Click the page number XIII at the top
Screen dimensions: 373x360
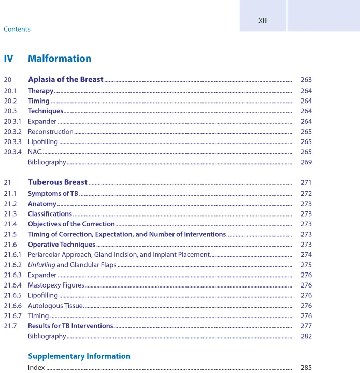pyautogui.click(x=263, y=21)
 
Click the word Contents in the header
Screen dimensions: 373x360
pyautogui.click(x=17, y=30)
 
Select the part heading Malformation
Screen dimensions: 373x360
pyautogui.click(x=60, y=59)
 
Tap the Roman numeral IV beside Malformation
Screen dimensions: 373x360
pyautogui.click(x=8, y=59)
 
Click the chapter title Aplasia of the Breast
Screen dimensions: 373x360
pyautogui.click(x=66, y=80)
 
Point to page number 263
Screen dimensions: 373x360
pyautogui.click(x=306, y=80)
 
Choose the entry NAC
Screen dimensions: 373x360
pyautogui.click(x=34, y=152)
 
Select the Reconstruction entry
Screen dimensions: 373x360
pyautogui.click(x=51, y=132)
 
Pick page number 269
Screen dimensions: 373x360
pyautogui.click(x=306, y=162)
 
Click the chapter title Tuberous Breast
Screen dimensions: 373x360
pyautogui.click(x=57, y=182)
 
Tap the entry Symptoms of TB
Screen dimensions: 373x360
pyautogui.click(x=53, y=193)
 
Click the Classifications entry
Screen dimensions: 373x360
pyautogui.click(x=50, y=213)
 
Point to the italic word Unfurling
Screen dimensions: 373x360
pyautogui.click(x=41, y=265)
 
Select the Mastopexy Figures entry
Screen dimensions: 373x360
pyautogui.click(x=56, y=285)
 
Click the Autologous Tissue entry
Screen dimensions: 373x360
pyautogui.click(x=55, y=306)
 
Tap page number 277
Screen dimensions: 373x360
pyautogui.click(x=306, y=326)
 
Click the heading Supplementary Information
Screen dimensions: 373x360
pyautogui.click(x=79, y=356)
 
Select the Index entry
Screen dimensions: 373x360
pyautogui.click(x=36, y=368)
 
